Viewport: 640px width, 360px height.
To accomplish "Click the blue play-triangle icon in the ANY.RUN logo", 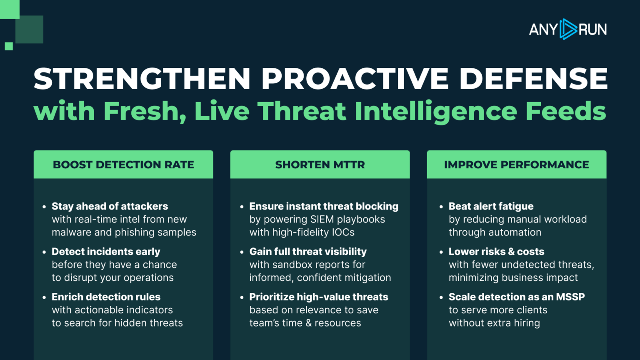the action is point(568,29).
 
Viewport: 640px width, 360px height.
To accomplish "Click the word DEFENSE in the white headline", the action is point(533,79).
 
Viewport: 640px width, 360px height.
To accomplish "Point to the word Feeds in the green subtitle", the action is point(566,111).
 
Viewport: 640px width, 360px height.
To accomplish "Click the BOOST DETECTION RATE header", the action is point(123,165).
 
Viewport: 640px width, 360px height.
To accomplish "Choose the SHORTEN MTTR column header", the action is point(320,165).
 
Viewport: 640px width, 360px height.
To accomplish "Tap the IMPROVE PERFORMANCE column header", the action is point(517,165).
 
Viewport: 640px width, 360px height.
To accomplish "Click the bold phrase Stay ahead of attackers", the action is point(110,206).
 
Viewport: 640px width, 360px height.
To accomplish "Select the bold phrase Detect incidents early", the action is point(106,251).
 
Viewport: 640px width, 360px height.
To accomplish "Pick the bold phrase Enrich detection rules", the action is point(106,297).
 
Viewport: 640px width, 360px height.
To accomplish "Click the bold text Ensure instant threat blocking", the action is point(324,206).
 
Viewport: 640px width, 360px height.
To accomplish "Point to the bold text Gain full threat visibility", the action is point(308,251).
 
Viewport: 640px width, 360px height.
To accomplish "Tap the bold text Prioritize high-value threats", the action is point(319,297).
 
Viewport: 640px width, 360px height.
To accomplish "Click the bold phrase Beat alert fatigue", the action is point(491,206).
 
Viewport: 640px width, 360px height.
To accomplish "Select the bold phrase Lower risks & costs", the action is point(496,251).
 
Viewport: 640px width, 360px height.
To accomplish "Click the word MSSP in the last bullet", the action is point(570,297).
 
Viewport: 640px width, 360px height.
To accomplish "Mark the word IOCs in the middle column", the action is point(343,232).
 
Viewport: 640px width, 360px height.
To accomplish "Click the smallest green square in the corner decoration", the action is point(9,46).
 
